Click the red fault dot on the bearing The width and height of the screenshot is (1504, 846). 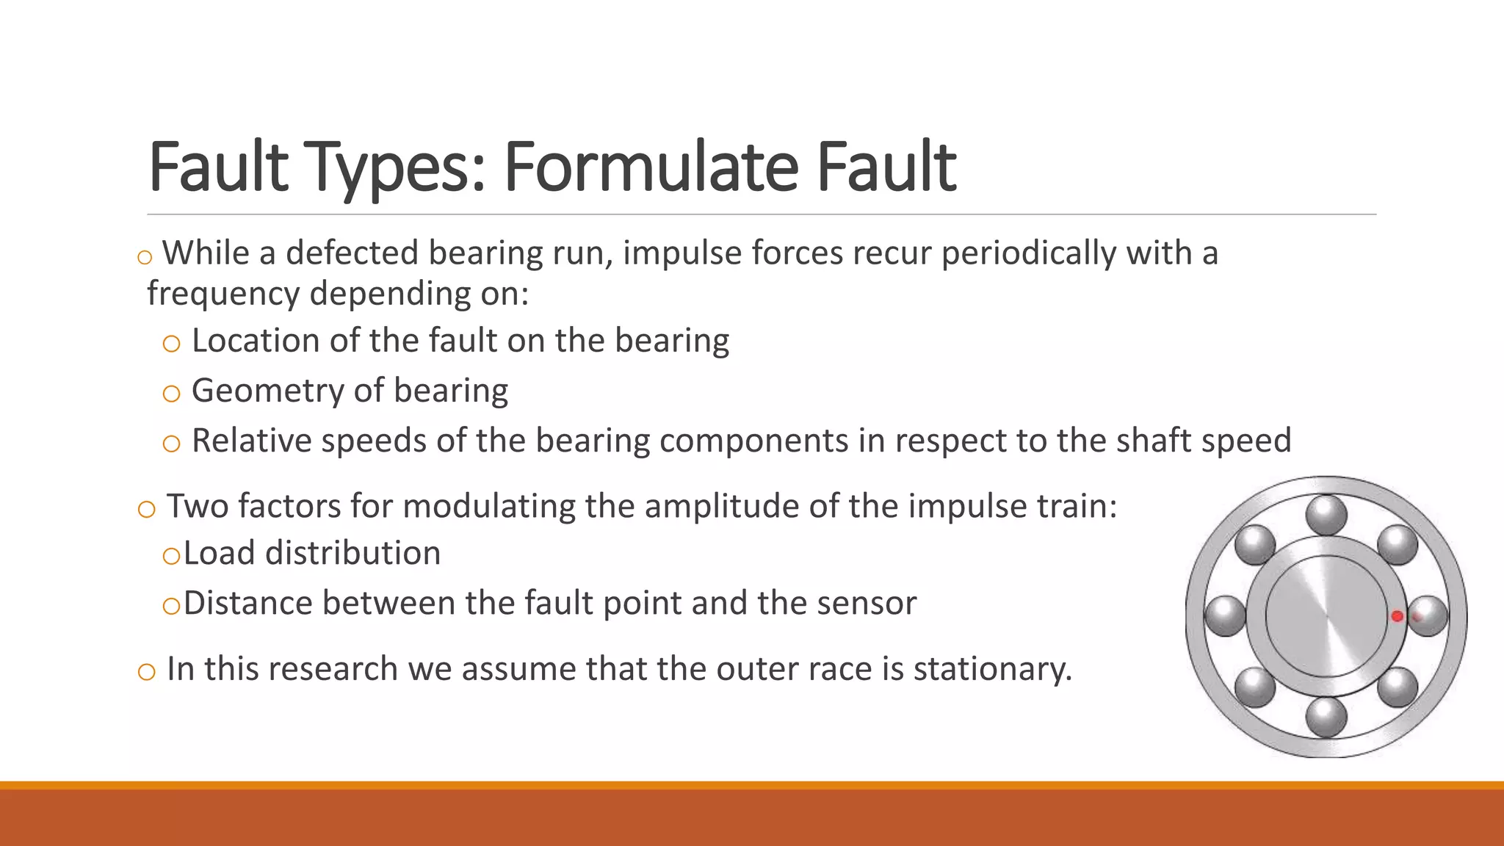pos(1397,617)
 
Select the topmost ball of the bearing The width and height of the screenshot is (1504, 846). pos(1326,516)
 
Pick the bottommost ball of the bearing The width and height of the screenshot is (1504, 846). pos(1326,716)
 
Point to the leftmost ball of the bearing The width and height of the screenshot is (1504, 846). pos(1226,615)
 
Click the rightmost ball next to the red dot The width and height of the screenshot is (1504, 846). pos(1427,616)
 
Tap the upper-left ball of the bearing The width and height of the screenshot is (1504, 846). pos(1255,545)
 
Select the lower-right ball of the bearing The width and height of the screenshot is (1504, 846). pos(1397,687)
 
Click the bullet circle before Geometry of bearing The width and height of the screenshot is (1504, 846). pos(171,394)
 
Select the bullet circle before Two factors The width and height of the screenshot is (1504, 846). pos(146,509)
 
